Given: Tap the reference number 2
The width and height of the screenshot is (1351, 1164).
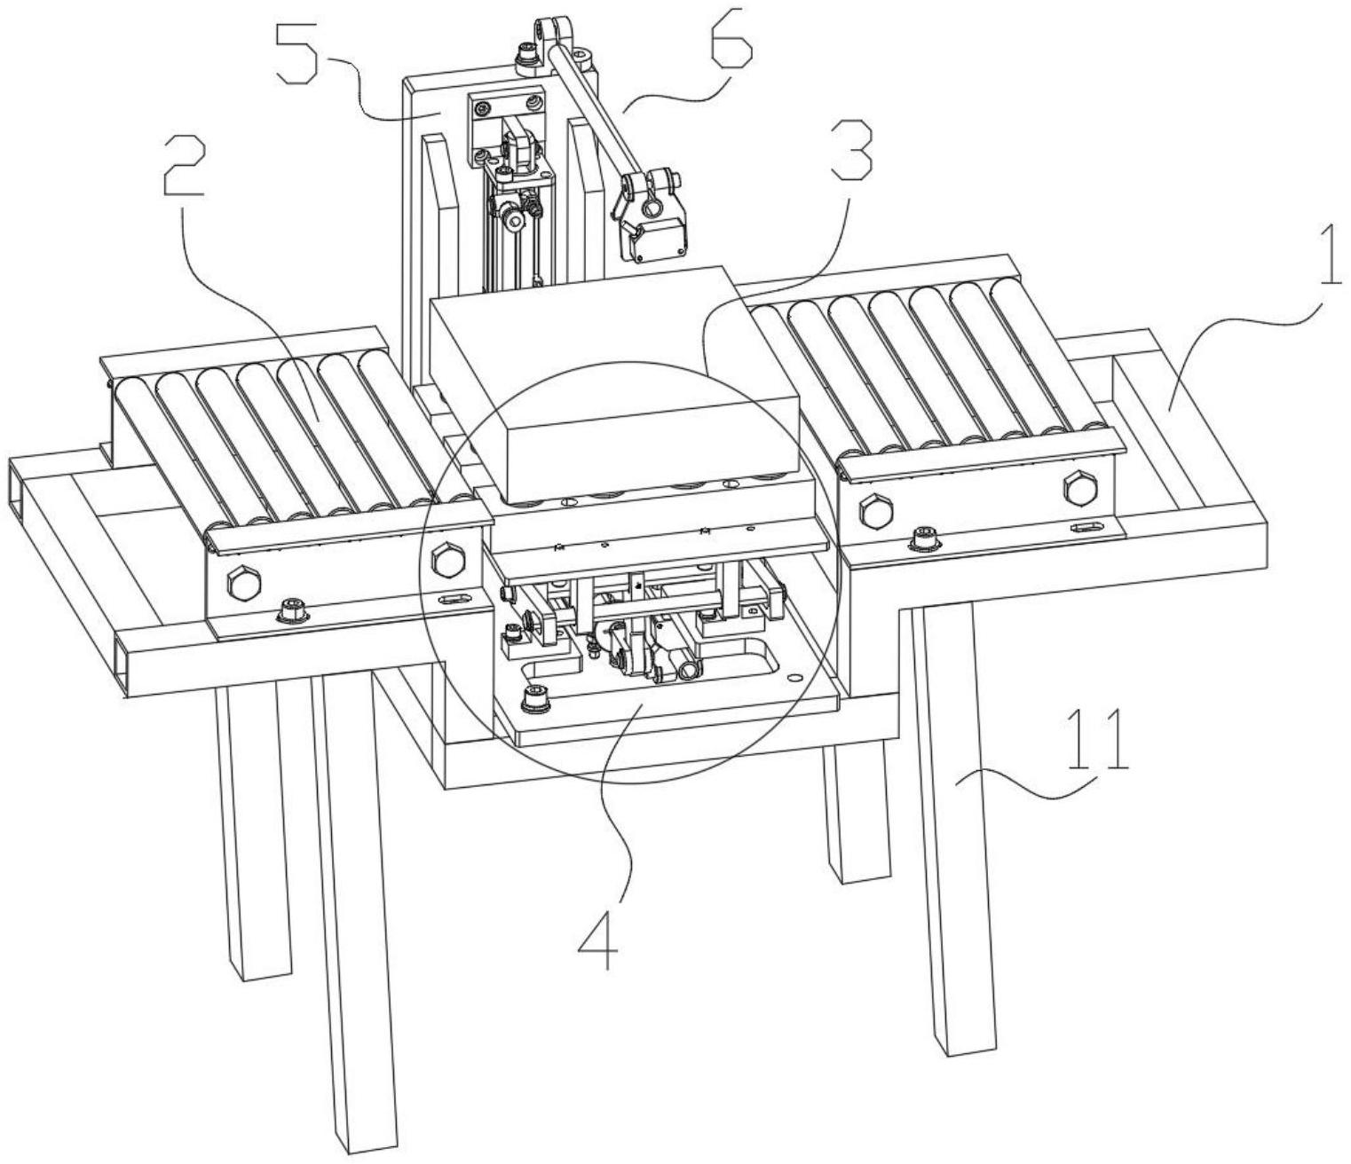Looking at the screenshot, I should pos(185,168).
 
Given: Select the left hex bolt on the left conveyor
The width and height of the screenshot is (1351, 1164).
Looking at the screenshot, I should pos(241,581).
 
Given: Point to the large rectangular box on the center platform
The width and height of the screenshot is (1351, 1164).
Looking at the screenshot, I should pos(612,381).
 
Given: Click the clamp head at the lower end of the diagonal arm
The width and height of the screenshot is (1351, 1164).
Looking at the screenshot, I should pos(647,216).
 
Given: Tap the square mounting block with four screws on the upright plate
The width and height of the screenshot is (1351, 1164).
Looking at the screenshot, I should pos(505,120).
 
